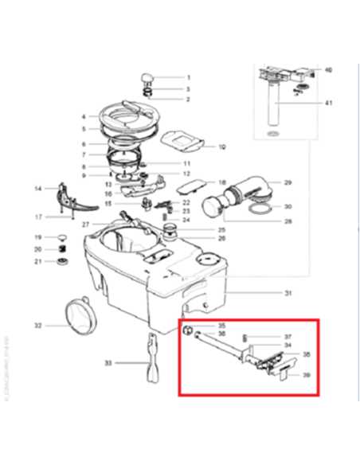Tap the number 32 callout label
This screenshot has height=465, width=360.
[x=37, y=325]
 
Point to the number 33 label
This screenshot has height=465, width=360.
[x=108, y=364]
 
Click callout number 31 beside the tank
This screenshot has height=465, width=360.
[x=288, y=294]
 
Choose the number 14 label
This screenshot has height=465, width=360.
[x=37, y=189]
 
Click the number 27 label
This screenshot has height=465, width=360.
[x=85, y=225]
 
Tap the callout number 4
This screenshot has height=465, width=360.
[x=83, y=116]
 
